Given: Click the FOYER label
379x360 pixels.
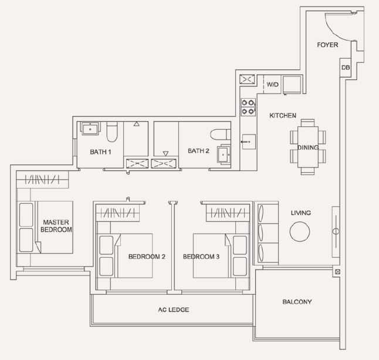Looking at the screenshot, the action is [x=327, y=45].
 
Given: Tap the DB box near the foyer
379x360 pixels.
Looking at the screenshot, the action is [x=346, y=68].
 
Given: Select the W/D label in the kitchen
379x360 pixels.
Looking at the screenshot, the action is [x=272, y=85].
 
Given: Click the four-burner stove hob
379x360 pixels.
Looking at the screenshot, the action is [x=248, y=107].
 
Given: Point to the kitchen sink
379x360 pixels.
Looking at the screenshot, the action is [x=249, y=142].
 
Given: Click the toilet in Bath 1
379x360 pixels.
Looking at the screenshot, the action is [x=112, y=132].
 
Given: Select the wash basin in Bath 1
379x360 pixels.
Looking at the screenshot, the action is [x=90, y=128].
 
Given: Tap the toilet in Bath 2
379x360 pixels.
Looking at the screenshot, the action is [x=221, y=134].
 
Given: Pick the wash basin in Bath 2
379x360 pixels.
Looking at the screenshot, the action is [x=224, y=154].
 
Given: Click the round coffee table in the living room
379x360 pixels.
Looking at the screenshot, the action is [x=300, y=231].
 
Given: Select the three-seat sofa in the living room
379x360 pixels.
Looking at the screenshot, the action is [x=266, y=233].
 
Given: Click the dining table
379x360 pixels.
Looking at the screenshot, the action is [x=307, y=147].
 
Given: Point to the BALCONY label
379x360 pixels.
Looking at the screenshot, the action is [x=297, y=302].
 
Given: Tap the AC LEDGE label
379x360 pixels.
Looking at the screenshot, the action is [x=174, y=309].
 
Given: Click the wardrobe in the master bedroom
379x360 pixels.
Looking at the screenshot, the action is [x=42, y=180].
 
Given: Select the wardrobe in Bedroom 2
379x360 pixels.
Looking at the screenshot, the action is [x=118, y=213].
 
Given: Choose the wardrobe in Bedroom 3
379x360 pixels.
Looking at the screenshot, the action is [x=228, y=213].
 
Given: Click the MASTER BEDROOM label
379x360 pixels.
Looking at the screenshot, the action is [x=56, y=226].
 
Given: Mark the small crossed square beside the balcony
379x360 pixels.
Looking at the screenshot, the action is [x=338, y=272].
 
